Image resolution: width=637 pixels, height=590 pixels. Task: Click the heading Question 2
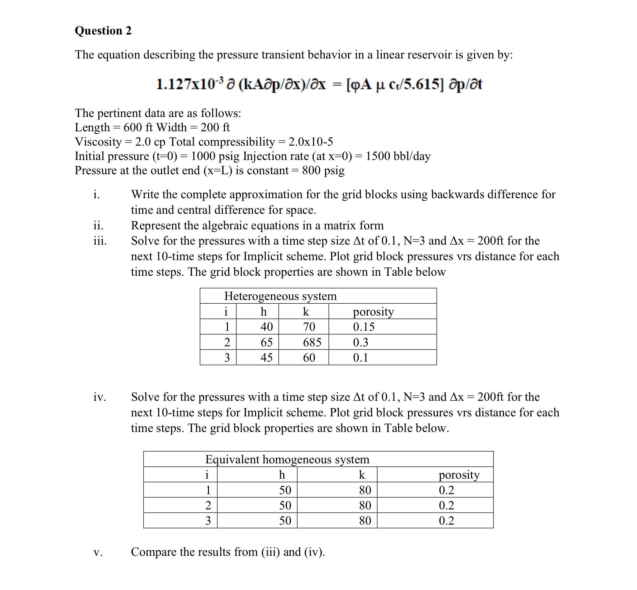point(103,30)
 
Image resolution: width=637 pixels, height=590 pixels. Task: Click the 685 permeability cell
point(312,342)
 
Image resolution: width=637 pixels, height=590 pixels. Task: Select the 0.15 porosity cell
point(364,327)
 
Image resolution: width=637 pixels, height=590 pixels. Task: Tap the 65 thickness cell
point(267,342)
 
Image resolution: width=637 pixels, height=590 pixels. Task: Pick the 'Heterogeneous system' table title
point(280,296)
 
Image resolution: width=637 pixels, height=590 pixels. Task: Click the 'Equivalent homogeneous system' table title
point(287,459)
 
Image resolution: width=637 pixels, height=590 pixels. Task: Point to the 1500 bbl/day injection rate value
point(398,156)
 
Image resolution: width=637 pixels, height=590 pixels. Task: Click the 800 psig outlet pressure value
point(323,171)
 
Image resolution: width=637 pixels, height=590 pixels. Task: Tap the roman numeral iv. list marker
point(100,397)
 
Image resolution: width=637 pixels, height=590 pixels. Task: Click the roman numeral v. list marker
point(98,552)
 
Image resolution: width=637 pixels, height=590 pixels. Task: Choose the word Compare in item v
point(154,552)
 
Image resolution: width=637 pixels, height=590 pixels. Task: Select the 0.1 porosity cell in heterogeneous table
point(360,358)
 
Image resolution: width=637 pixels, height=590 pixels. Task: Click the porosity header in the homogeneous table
point(459,475)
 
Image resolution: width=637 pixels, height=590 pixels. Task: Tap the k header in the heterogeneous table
point(306,311)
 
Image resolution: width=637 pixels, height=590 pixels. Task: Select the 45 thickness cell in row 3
point(267,358)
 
